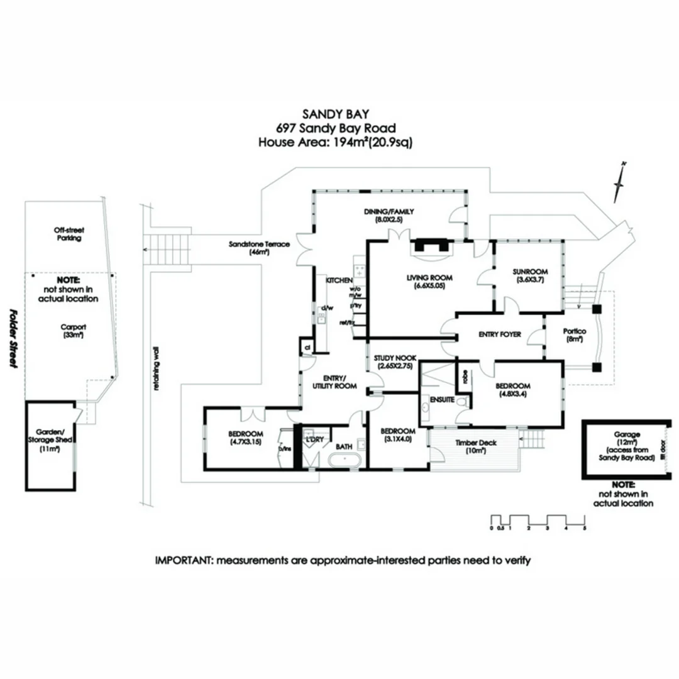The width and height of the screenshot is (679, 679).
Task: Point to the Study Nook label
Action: tap(395, 361)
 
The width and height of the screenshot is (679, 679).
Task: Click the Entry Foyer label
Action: tap(500, 334)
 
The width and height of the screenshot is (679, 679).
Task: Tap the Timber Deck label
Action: tap(475, 446)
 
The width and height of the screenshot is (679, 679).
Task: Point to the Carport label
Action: tap(73, 331)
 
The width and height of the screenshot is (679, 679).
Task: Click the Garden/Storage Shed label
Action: tap(50, 440)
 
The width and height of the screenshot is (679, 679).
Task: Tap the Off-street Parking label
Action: tap(67, 235)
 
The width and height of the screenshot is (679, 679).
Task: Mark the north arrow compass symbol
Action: tap(620, 182)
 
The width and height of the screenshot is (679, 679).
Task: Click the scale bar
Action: tap(538, 521)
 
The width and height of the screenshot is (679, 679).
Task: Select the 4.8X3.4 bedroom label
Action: tap(512, 390)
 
